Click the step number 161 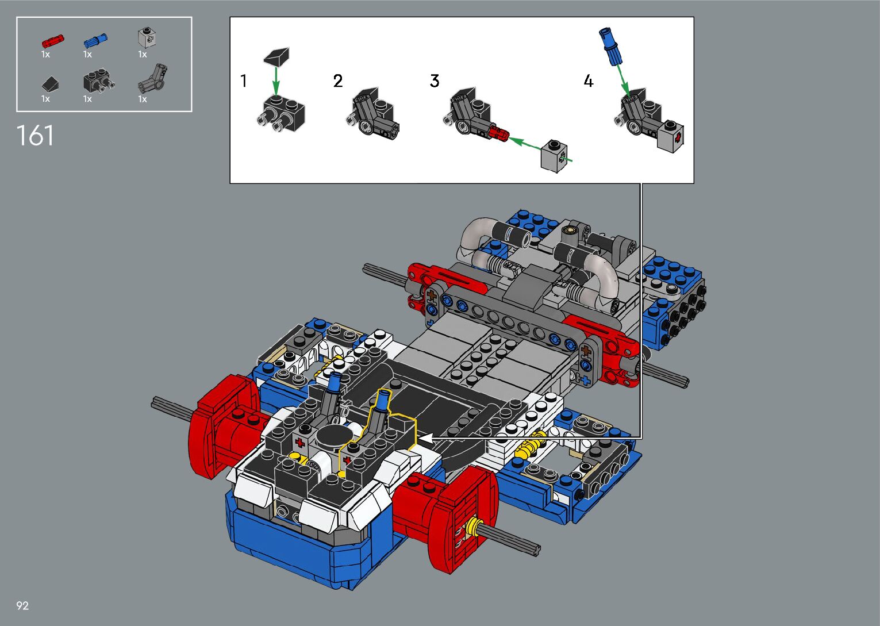click(35, 136)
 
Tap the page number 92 click(22, 605)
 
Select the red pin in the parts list click(53, 41)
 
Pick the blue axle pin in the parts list click(95, 40)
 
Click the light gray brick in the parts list click(147, 38)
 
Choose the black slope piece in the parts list click(50, 84)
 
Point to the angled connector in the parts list click(152, 79)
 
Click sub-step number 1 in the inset click(244, 81)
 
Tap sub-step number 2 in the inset click(338, 81)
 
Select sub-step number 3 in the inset click(435, 81)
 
